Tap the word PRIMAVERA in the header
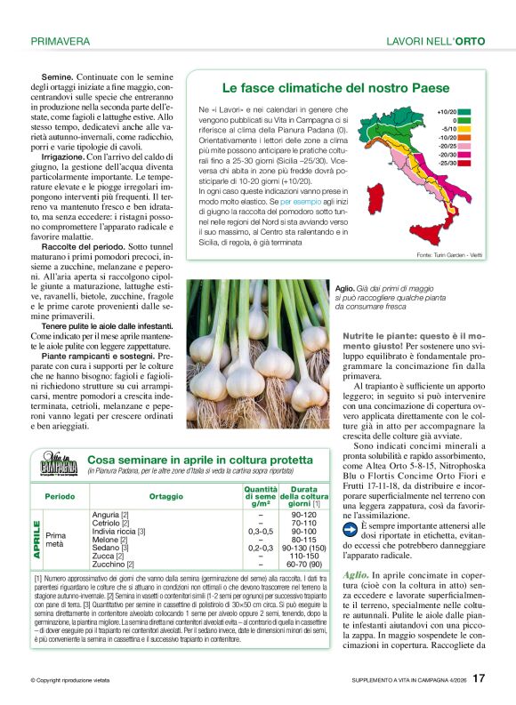click(x=60, y=41)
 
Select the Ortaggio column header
click(x=166, y=496)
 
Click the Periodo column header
click(x=60, y=496)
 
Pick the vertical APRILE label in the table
click(x=37, y=539)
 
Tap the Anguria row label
click(x=110, y=514)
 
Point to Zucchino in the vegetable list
click(x=110, y=564)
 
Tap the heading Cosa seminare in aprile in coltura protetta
click(x=200, y=459)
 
